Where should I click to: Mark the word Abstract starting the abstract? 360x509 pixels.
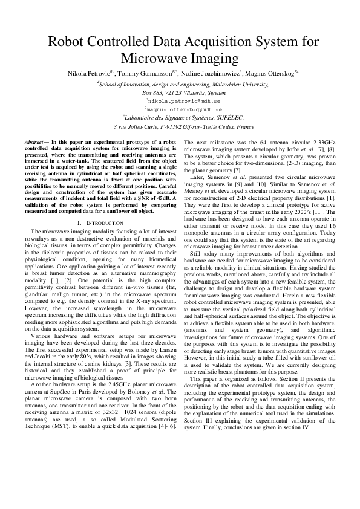(x=34, y=141)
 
